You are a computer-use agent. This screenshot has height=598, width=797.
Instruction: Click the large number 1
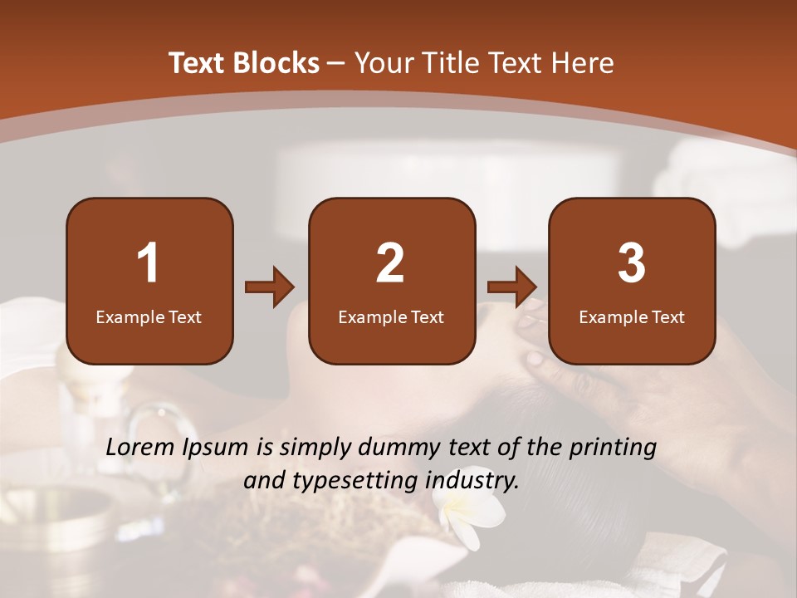(x=149, y=263)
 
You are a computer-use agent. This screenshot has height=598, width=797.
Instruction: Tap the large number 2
(x=390, y=263)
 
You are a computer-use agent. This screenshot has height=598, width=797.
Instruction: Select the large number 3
(x=632, y=263)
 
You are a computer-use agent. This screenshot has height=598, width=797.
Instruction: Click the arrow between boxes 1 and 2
(x=270, y=287)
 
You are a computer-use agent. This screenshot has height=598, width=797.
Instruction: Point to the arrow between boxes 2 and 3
(x=512, y=287)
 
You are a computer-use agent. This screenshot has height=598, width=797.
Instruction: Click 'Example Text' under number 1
(x=149, y=317)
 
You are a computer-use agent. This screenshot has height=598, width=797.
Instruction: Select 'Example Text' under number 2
(x=391, y=317)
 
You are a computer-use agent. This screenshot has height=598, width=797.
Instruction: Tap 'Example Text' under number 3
(x=632, y=317)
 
